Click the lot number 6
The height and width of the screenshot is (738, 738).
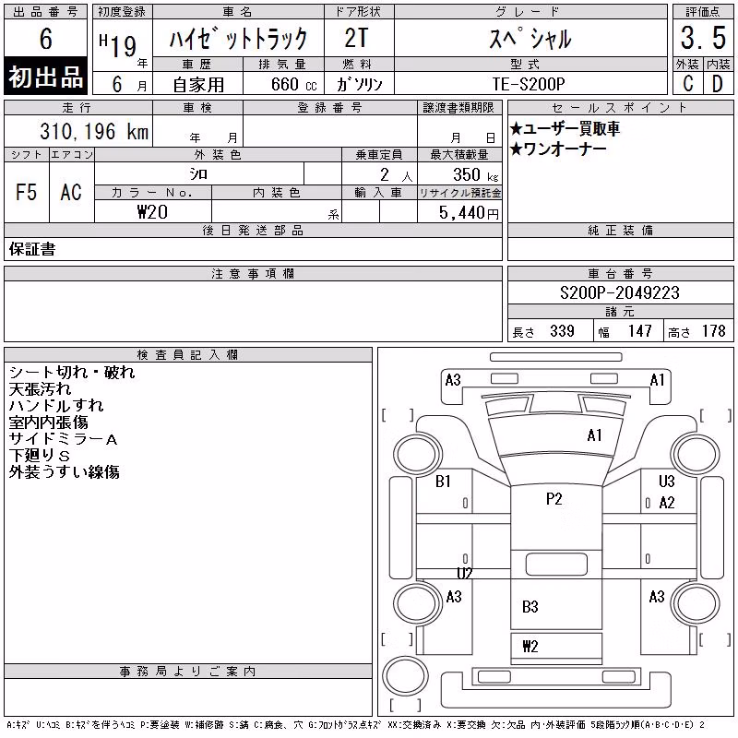(x=45, y=38)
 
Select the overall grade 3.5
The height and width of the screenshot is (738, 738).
(x=703, y=38)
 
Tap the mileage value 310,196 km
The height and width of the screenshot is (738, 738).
(x=94, y=131)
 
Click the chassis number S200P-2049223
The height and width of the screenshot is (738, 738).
(x=619, y=292)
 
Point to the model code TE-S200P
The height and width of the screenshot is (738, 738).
(x=529, y=84)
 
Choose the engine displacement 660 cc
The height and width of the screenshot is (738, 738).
(x=293, y=84)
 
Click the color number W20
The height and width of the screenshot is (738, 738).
(x=152, y=212)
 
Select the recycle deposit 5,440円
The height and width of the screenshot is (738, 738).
(x=469, y=213)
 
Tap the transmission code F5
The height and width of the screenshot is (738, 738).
(x=27, y=192)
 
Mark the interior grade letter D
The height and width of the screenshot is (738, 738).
(x=718, y=84)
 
